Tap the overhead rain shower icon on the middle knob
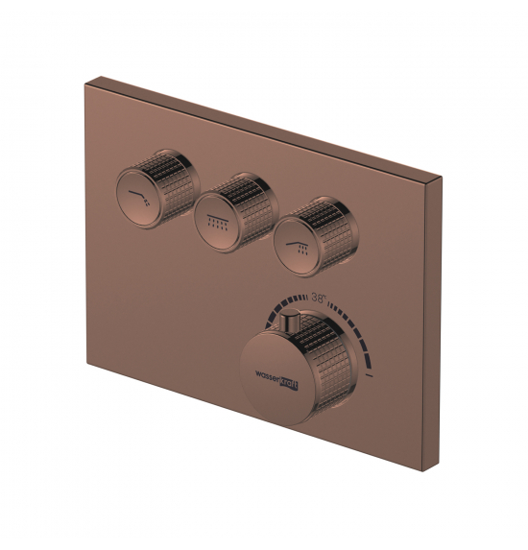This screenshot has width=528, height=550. (x=218, y=223)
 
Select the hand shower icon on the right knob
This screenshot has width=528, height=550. (x=298, y=248)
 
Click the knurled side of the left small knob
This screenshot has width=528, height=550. (x=175, y=182)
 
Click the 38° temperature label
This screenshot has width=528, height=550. (x=319, y=298)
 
